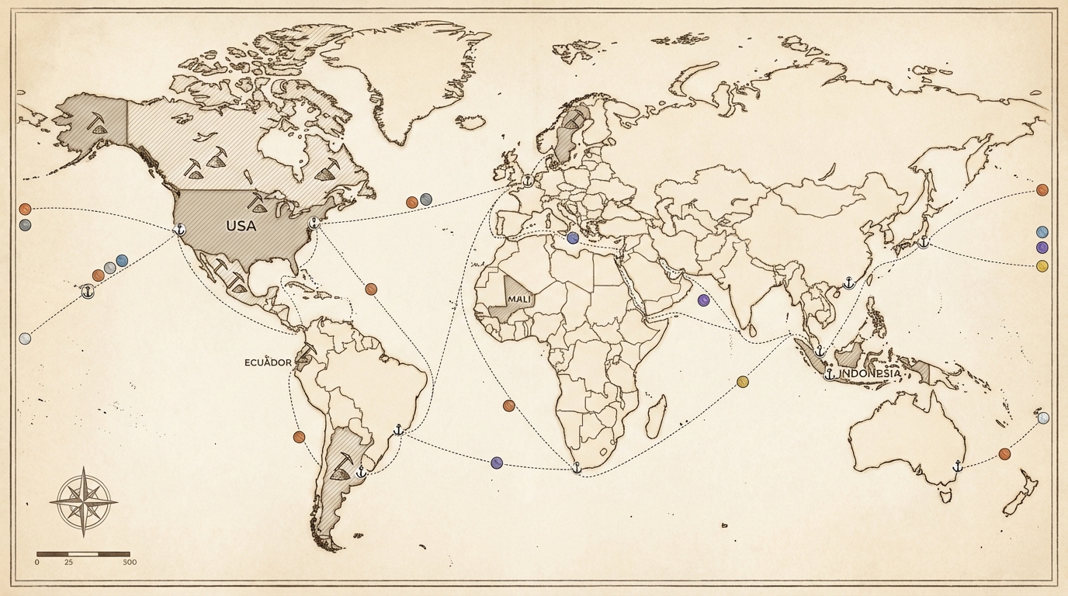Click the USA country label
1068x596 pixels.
coord(241,226)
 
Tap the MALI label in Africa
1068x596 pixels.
coord(519,299)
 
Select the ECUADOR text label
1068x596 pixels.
coord(268,362)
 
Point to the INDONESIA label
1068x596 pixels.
coord(872,373)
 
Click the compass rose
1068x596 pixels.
coord(83,501)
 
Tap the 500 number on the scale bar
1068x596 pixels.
coord(130,562)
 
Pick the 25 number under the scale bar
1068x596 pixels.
coord(69,562)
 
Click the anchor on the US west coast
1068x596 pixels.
coord(179,230)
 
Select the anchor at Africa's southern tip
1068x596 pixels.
coord(576,467)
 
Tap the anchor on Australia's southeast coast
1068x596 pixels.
coord(957,466)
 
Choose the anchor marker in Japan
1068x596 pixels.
coord(923,242)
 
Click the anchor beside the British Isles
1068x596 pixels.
coord(528,181)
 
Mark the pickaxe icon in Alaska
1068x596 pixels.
coord(97,122)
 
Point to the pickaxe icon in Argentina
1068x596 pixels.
coord(342,465)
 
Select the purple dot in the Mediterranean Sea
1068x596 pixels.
coord(573,238)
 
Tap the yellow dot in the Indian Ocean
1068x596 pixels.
coord(743,381)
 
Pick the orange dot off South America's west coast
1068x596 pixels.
coord(299,437)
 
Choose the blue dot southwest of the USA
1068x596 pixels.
coord(122,261)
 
